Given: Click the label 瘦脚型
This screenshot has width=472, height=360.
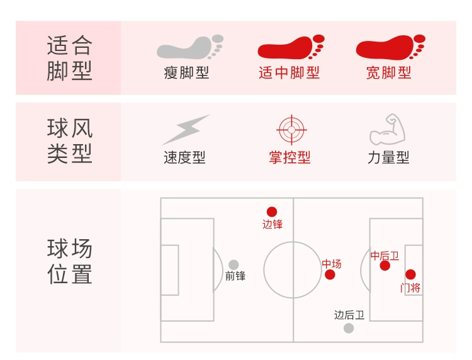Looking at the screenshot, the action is click(x=186, y=73).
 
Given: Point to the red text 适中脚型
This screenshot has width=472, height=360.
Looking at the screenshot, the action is click(x=289, y=73).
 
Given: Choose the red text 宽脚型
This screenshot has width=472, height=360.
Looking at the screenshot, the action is click(x=389, y=73).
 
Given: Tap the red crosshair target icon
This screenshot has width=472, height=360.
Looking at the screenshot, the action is click(x=291, y=130).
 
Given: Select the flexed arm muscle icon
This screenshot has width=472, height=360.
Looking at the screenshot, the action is click(x=388, y=130).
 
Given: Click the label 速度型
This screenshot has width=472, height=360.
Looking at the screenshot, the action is click(x=185, y=157).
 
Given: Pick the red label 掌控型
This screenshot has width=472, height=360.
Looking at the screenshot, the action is click(x=290, y=157).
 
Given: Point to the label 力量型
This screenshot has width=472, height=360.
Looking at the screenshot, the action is click(x=389, y=157).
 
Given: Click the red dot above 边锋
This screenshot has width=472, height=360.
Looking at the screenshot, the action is click(x=272, y=212).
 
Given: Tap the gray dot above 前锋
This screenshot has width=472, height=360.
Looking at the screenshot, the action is click(x=234, y=265).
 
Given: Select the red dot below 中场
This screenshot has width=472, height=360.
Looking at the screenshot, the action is click(x=330, y=274).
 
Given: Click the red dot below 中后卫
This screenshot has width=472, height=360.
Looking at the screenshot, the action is click(x=385, y=266).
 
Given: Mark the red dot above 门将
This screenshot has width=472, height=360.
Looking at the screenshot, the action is click(x=410, y=274).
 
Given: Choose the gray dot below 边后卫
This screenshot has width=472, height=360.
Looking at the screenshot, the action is click(x=349, y=328).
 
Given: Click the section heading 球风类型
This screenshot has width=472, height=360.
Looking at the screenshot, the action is click(x=69, y=141).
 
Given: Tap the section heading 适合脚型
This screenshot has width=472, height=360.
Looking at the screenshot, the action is click(x=69, y=58).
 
